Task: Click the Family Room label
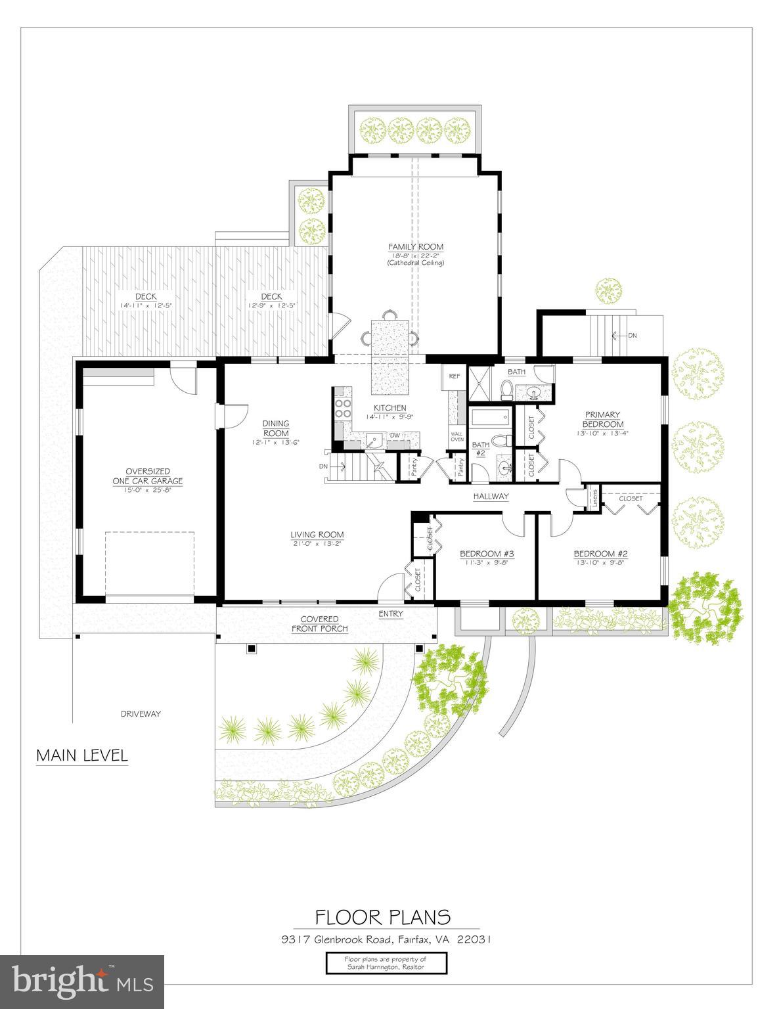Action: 415,247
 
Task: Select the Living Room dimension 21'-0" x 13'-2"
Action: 317,543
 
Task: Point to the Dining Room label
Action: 276,428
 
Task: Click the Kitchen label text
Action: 390,408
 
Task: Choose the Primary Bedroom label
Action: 602,419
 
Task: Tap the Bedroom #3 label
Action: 487,553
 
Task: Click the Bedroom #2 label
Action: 600,553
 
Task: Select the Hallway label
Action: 491,497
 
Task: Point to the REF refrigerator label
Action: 454,376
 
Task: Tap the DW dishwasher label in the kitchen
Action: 395,435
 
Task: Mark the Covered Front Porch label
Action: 319,623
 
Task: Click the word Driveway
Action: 141,713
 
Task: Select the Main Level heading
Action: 81,755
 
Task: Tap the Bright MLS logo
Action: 82,981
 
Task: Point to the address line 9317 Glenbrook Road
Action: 383,939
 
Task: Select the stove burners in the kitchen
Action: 343,408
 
